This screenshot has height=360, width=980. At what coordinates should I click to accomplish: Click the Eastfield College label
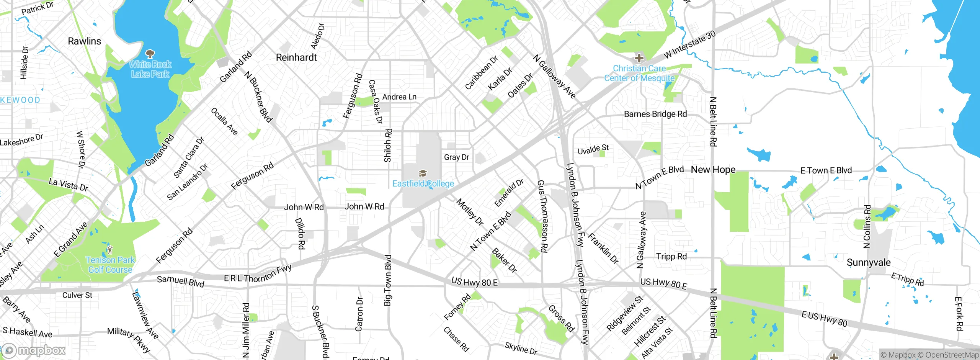[423, 184]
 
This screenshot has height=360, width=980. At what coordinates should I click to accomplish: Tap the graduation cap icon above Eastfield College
[423, 173]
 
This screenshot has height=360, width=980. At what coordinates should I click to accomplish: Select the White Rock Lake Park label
[150, 69]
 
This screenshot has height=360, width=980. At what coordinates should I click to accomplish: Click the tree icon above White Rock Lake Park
[150, 54]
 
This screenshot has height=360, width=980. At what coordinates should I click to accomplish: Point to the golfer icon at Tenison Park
[110, 249]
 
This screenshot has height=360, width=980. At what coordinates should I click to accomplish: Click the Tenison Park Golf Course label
[110, 265]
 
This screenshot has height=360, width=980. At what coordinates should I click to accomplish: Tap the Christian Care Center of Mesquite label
[639, 73]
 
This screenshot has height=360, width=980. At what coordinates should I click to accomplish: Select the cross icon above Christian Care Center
[639, 58]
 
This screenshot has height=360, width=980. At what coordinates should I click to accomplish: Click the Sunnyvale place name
[869, 263]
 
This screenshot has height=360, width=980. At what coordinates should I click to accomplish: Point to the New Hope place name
[713, 170]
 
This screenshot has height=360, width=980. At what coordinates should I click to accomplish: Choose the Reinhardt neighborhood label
[296, 57]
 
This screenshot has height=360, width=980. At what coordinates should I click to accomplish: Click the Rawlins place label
[84, 41]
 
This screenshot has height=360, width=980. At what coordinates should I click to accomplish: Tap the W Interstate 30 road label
[689, 45]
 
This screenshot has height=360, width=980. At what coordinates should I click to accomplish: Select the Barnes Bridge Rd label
[655, 114]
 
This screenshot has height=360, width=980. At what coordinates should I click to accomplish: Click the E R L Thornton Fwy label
[258, 273]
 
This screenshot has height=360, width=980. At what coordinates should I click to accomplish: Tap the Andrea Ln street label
[399, 97]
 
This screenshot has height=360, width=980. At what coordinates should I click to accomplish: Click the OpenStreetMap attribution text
[952, 355]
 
